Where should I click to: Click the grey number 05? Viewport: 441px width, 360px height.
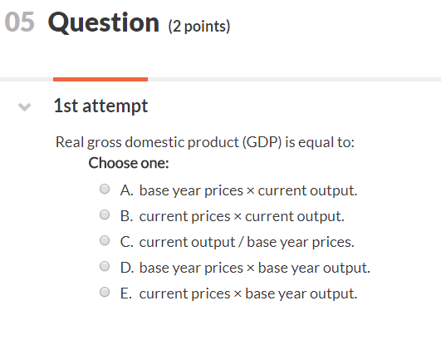(19, 22)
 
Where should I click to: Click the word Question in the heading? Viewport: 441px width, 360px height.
(104, 22)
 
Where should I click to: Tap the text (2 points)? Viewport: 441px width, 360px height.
(199, 27)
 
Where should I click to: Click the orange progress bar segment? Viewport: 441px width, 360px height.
(100, 79)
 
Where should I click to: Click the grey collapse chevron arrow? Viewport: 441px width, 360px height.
(24, 106)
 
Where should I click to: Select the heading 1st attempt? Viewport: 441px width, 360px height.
(100, 106)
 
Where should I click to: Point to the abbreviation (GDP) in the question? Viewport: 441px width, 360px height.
(262, 142)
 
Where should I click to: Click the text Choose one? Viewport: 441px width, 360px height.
(129, 163)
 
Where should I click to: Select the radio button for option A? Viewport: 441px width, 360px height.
(105, 189)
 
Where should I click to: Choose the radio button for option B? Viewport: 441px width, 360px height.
(105, 215)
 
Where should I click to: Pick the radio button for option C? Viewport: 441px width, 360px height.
(105, 240)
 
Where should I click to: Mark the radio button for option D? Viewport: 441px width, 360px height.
(105, 266)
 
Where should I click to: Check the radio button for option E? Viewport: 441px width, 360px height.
(105, 292)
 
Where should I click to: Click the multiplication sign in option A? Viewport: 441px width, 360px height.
(250, 191)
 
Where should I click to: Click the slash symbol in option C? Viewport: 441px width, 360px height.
(241, 242)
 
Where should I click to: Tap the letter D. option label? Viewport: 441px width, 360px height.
(127, 268)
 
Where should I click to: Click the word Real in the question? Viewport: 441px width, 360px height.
(70, 142)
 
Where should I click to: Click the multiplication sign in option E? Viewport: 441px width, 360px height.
(238, 294)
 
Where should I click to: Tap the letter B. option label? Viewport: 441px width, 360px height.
(126, 216)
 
